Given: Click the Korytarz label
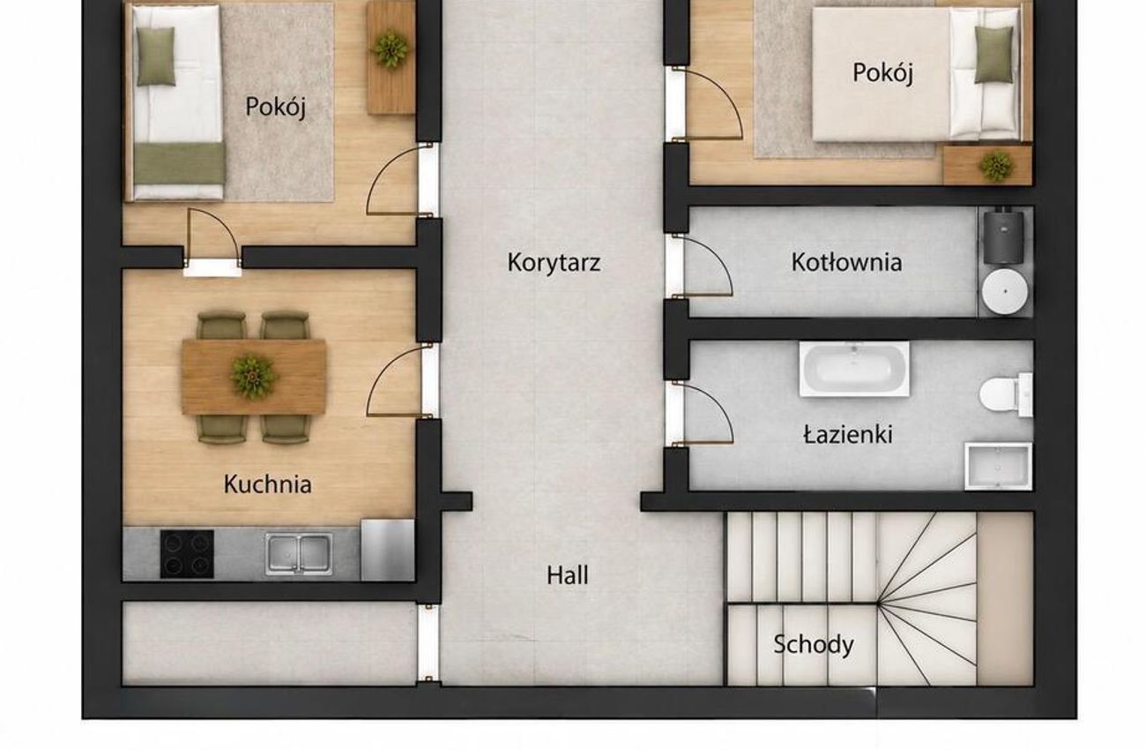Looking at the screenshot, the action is [554, 263].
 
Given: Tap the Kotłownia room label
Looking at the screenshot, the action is [846, 263].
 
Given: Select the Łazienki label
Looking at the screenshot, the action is [848, 435].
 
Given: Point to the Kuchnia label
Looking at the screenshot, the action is [268, 484].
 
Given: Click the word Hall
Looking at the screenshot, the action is [568, 575].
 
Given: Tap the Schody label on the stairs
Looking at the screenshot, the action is [814, 644].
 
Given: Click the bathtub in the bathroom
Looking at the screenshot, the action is [854, 369].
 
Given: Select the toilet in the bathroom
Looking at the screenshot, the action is [1005, 394].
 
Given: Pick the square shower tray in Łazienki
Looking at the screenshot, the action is [998, 467].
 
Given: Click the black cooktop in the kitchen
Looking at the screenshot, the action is [187, 554].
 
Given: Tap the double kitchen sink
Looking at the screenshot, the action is [300, 554].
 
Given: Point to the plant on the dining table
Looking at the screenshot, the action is [252, 376].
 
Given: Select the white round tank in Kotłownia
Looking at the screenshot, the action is [1005, 291].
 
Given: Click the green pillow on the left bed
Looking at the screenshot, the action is [156, 56].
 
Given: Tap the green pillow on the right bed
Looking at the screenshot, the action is [993, 55].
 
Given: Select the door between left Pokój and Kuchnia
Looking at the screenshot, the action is [212, 242].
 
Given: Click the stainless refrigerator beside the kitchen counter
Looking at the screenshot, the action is [387, 551].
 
